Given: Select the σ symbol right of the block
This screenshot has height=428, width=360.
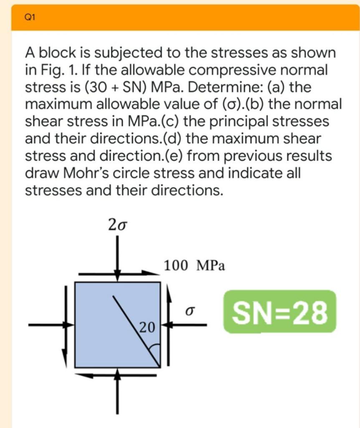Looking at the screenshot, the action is [x=190, y=311].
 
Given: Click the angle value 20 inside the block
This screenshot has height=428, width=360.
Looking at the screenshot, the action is [x=147, y=326].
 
